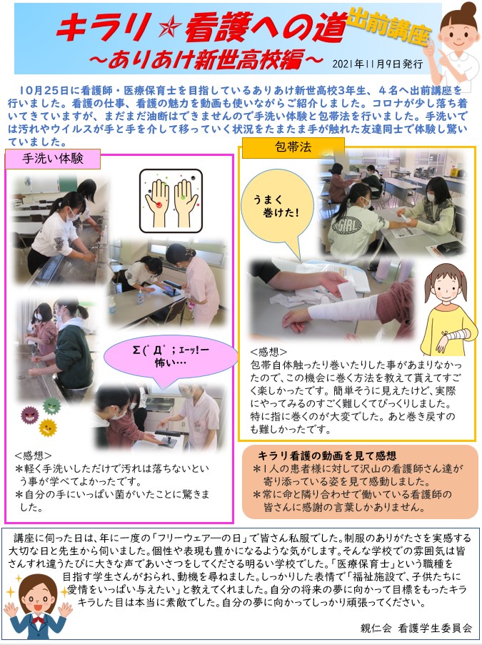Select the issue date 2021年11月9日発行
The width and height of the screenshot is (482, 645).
pyautogui.click(x=377, y=64)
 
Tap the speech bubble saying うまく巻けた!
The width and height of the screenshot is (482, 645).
pyautogui.click(x=276, y=207)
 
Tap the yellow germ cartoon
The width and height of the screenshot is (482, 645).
pyautogui.click(x=47, y=428)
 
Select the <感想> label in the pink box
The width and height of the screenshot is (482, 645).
pyautogui.click(x=33, y=455)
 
